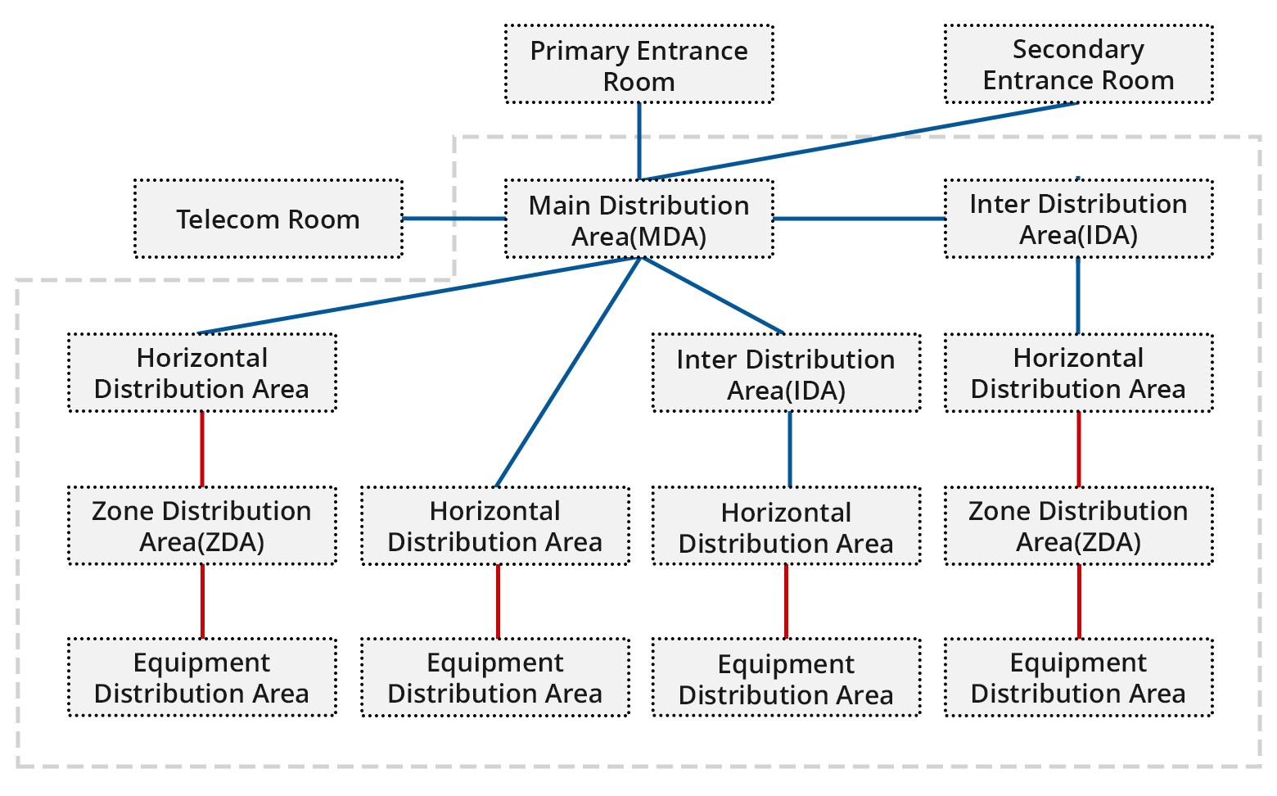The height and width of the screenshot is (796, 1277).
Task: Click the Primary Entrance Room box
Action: pyautogui.click(x=638, y=65)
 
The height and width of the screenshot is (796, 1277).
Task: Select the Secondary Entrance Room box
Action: pyautogui.click(x=1078, y=65)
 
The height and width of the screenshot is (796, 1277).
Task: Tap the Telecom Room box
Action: pyautogui.click(x=268, y=219)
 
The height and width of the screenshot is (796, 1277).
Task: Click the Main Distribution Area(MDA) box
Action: pyautogui.click(x=638, y=219)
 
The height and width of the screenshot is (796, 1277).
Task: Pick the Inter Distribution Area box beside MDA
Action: pyautogui.click(x=1078, y=219)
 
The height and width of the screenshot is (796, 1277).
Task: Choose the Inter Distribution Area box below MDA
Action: pyautogui.click(x=786, y=373)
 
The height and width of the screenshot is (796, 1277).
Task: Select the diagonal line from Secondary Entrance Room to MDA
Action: pyautogui.click(x=860, y=141)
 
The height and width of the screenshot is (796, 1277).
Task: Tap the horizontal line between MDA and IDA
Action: pyautogui.click(x=860, y=219)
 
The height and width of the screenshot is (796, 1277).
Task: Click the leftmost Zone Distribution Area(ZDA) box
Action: pyautogui.click(x=201, y=526)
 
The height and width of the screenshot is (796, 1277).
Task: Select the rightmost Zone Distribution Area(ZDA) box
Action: pyautogui.click(x=1078, y=526)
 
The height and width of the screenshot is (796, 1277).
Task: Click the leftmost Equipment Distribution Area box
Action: pyautogui.click(x=201, y=678)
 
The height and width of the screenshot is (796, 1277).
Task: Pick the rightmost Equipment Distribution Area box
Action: pyautogui.click(x=1078, y=678)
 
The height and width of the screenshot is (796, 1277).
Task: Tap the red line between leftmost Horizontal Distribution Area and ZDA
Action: pyautogui.click(x=201, y=449)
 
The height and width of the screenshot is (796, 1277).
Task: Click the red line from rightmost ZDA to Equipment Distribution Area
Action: pyautogui.click(x=1078, y=602)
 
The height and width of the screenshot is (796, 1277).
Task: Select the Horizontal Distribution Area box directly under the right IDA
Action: pyautogui.click(x=1078, y=373)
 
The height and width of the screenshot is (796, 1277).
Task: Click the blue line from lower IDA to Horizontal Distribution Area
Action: pyautogui.click(x=789, y=449)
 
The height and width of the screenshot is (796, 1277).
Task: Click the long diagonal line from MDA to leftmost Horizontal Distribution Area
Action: pyautogui.click(x=417, y=296)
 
